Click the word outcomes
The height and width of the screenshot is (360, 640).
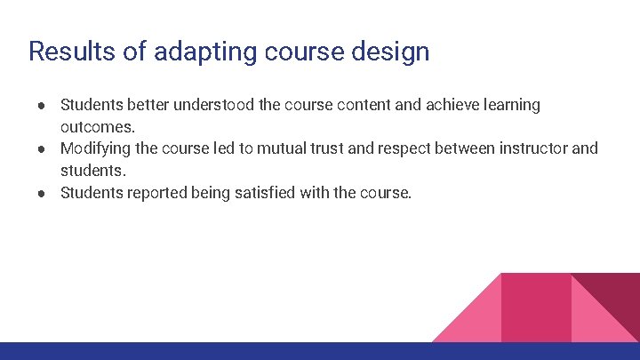[97, 127]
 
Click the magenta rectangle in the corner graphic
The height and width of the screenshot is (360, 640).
[536, 307]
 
